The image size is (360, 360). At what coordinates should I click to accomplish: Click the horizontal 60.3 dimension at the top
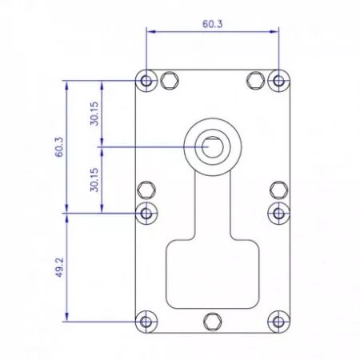coord(212,24)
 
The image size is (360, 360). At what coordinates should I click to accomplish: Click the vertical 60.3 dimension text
coord(59,147)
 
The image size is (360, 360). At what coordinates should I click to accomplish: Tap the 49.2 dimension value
coord(59,267)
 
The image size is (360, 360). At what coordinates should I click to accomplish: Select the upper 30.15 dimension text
coord(94,114)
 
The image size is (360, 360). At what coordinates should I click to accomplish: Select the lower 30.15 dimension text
coord(94,180)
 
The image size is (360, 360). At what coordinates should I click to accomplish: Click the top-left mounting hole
coord(146,80)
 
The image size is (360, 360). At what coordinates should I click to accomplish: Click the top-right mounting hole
coord(278,80)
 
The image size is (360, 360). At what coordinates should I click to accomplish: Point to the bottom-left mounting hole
coord(146,322)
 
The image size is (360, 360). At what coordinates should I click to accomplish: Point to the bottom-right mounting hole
coord(278,322)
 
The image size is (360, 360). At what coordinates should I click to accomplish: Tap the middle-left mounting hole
coord(146,213)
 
